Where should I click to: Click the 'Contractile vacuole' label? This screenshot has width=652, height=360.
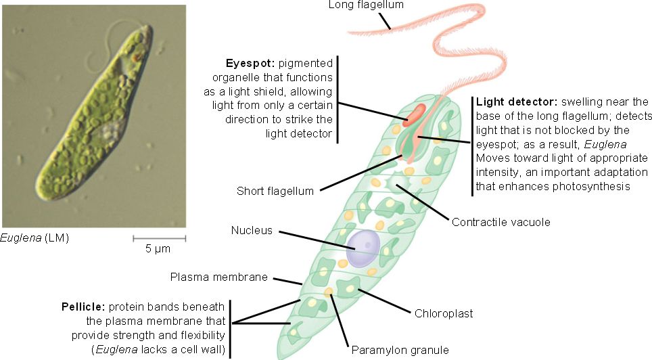[x=500, y=222]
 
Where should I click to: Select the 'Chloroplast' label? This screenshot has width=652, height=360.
[x=444, y=313]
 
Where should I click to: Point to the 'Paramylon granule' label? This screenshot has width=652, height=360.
[x=400, y=350]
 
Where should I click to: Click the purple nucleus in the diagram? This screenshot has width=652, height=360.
[x=363, y=249]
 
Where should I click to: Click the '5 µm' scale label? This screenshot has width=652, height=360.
[x=158, y=248]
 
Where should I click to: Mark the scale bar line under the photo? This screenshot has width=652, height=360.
[x=159, y=238]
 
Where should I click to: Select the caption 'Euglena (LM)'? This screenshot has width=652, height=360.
[x=35, y=238]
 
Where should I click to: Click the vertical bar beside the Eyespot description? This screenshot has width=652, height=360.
[x=337, y=99]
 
